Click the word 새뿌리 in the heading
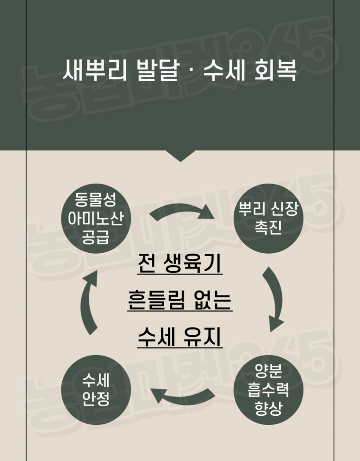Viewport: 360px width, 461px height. pyautogui.click(x=94, y=70)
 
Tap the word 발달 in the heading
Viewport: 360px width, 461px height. pyautogui.click(x=158, y=70)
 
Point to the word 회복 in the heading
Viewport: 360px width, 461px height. pyautogui.click(x=275, y=70)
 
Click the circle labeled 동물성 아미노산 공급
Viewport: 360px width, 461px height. pyautogui.click(x=96, y=218)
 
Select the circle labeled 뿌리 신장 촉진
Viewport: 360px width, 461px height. pyautogui.click(x=268, y=218)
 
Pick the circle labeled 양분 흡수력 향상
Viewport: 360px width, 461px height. pyautogui.click(x=268, y=389)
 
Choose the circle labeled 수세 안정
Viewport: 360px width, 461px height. pyautogui.click(x=96, y=389)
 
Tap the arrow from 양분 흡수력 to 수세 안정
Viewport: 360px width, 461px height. pyautogui.click(x=183, y=396)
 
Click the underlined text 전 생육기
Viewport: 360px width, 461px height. pyautogui.click(x=180, y=263)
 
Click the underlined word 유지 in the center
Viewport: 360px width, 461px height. pyautogui.click(x=203, y=337)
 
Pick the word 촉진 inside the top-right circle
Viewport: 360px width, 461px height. pyautogui.click(x=268, y=227)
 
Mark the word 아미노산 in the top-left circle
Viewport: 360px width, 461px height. pyautogui.click(x=96, y=218)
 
